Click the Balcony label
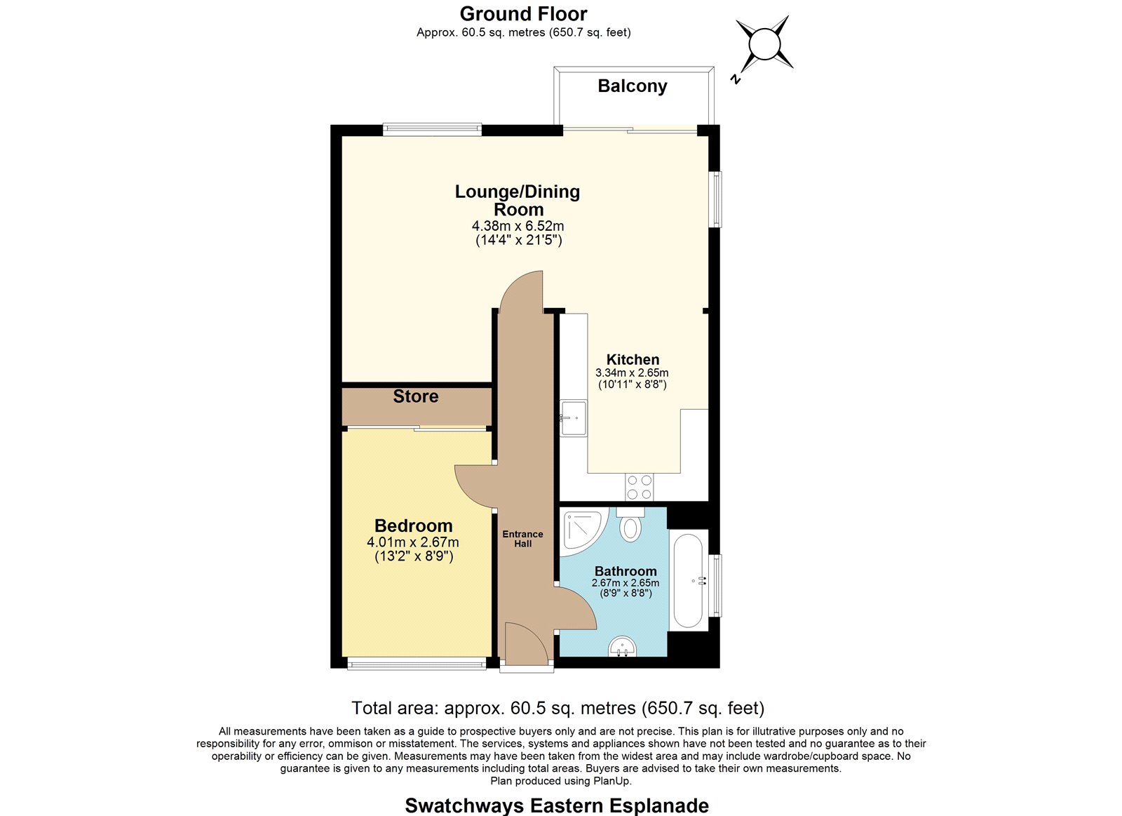click(x=632, y=86)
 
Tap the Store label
click(x=416, y=396)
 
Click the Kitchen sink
click(x=574, y=418)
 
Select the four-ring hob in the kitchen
click(x=640, y=487)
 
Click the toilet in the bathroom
click(x=630, y=524)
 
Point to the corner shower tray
click(x=583, y=531)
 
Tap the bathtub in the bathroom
click(x=688, y=580)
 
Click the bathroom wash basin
click(x=623, y=647)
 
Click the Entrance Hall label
click(x=523, y=539)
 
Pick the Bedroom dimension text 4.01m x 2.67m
click(x=413, y=542)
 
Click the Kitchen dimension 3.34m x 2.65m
click(x=632, y=373)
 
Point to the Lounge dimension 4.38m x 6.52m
click(x=518, y=226)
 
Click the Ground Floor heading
click(x=523, y=14)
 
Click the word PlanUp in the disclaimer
click(x=612, y=781)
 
